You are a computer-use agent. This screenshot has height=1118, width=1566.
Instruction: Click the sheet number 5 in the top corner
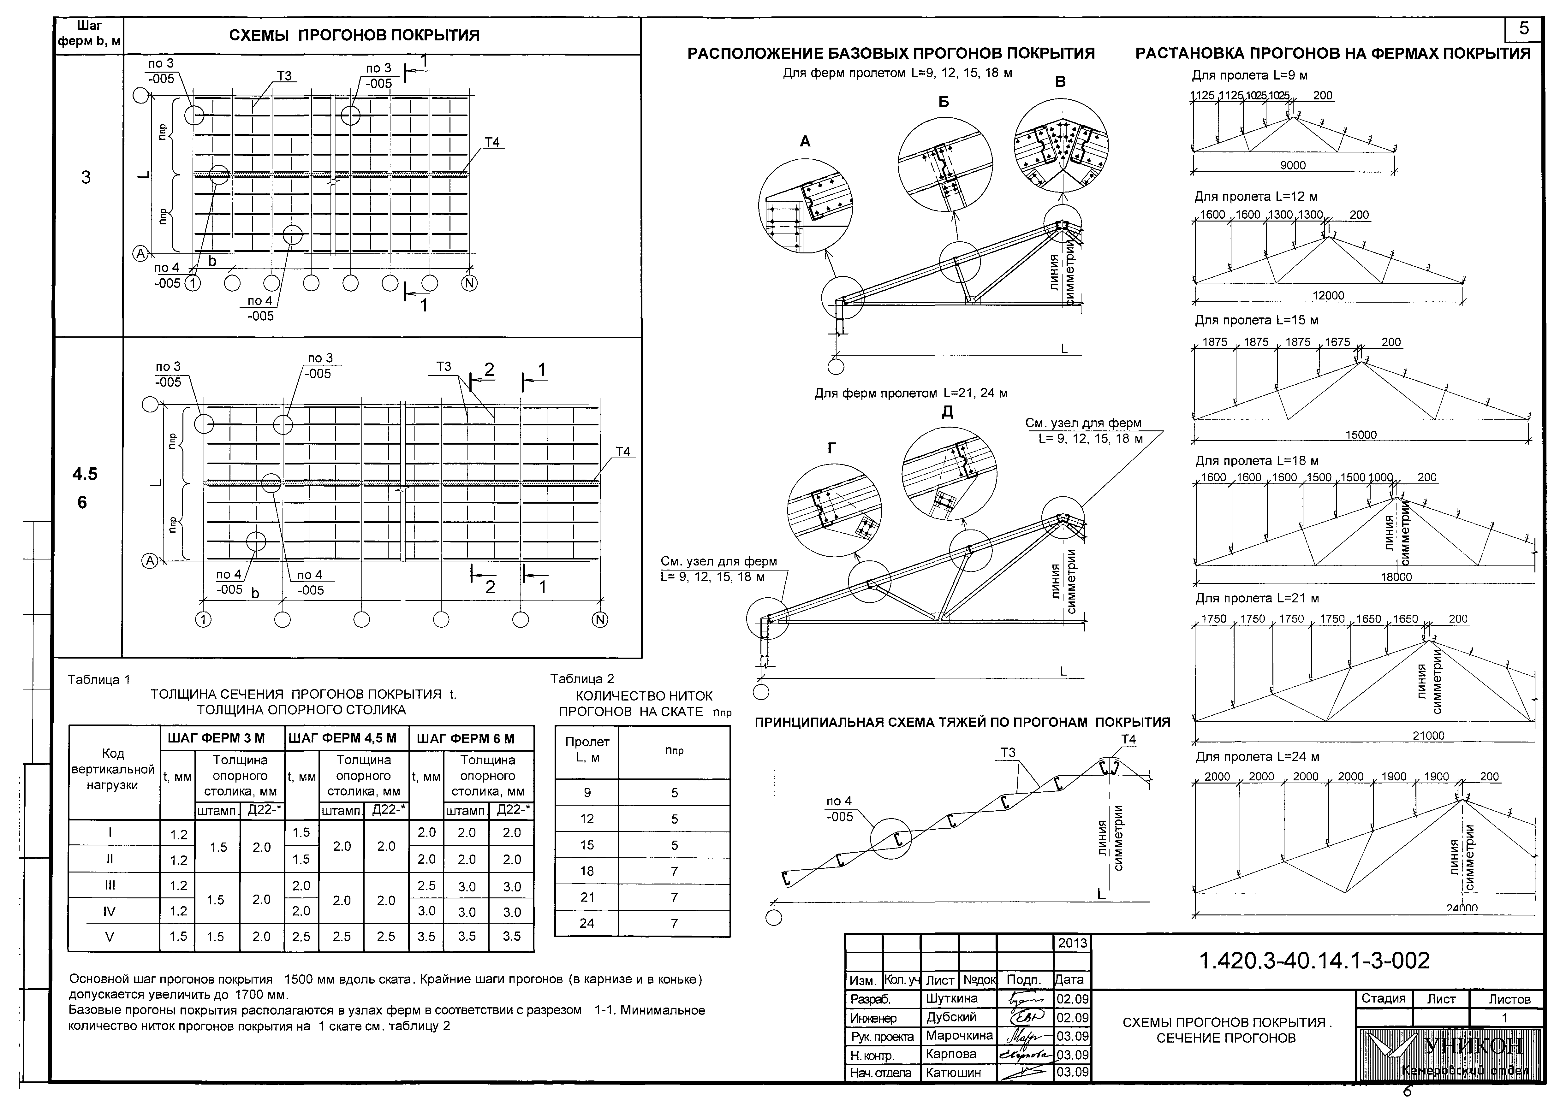pyautogui.click(x=1523, y=29)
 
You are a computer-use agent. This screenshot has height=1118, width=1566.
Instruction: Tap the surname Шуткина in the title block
pyautogui.click(x=952, y=998)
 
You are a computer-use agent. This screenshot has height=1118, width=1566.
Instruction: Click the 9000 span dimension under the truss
pyautogui.click(x=1293, y=165)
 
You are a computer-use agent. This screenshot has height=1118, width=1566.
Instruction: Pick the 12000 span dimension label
pyautogui.click(x=1328, y=295)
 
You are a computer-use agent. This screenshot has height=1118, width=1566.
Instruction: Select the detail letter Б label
pyautogui.click(x=944, y=102)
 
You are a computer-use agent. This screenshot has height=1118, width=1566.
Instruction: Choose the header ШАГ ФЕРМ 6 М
pyautogui.click(x=471, y=738)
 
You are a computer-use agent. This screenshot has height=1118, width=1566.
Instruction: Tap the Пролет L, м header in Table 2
pyautogui.click(x=587, y=750)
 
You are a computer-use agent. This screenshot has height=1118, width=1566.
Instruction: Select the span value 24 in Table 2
pyautogui.click(x=587, y=923)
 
